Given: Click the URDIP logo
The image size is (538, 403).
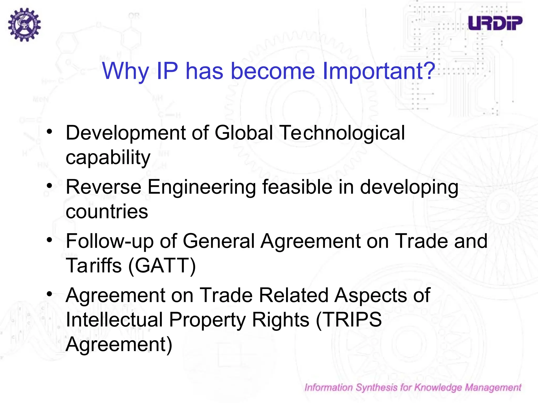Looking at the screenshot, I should coord(495,23).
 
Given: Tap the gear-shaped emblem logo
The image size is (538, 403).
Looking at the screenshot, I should coord(24,24).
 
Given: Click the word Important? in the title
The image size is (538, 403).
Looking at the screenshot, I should coord(379,71).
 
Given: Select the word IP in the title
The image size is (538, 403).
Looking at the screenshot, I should coord(167,71).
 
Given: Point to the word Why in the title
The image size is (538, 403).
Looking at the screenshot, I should coord(126,71).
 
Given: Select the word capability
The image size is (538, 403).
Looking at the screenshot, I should coord(108,158).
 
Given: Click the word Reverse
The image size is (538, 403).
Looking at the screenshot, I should coord(104,187).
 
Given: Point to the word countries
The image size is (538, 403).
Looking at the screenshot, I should coord(107,211).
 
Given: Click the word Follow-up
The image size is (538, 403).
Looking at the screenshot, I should coord(110,241).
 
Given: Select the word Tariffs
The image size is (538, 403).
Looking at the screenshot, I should coord(94,266).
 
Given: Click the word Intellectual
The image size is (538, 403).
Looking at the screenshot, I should coord(114,320).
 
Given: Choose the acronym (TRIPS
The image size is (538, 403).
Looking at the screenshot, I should coord(349,320).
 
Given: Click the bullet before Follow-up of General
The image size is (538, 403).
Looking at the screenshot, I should coord(49,240).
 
